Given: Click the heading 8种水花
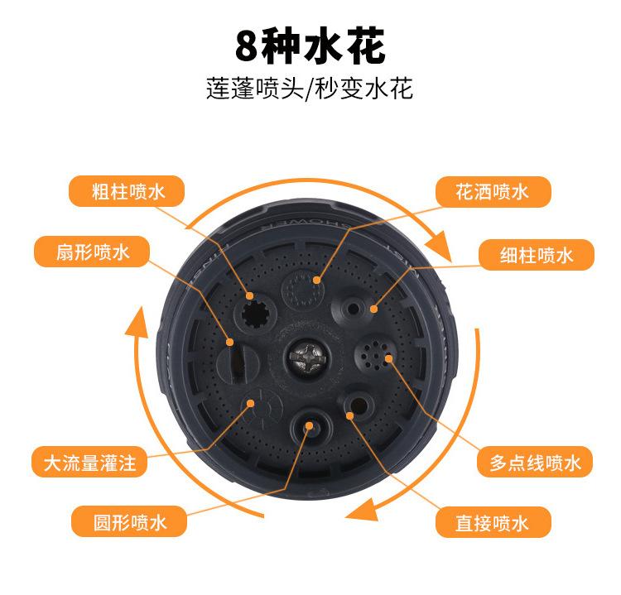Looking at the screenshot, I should (x=310, y=47).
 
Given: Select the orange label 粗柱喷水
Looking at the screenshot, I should (x=128, y=193).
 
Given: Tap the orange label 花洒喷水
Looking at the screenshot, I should (x=492, y=193).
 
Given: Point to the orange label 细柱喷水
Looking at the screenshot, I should (x=537, y=256).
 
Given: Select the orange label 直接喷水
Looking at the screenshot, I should (x=492, y=522).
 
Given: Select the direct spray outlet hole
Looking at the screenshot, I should (x=356, y=406).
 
